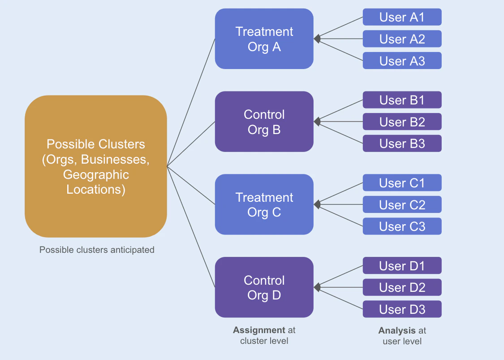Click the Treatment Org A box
264,39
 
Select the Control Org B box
264,121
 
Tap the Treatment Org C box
264,204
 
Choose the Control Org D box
264,287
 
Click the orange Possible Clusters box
96,166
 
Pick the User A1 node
402,17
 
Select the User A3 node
402,61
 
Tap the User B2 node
402,121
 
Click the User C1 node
402,183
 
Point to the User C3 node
402,226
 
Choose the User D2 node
402,287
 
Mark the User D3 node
402,309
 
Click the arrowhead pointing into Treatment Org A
317,39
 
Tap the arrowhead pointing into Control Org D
317,287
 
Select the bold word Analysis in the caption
397,331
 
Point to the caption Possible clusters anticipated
97,250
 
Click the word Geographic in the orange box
96,174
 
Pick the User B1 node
402,100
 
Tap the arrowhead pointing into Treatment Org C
317,204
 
